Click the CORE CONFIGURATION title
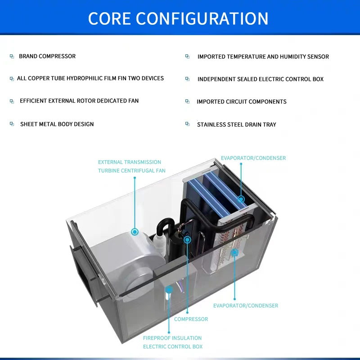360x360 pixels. click(178, 18)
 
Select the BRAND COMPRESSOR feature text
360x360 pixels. click(47, 56)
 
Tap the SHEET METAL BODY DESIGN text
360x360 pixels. click(57, 124)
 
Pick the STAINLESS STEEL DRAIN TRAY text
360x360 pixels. click(237, 125)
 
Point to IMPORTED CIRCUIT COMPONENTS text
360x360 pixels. click(242, 102)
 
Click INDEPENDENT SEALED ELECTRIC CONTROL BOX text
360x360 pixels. click(261, 79)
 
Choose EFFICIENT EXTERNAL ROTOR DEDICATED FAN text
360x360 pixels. click(79, 101)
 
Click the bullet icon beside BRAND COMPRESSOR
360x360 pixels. click(12, 56)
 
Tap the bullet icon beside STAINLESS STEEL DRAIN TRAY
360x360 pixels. click(187, 124)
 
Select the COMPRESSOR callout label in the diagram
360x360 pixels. click(191, 319)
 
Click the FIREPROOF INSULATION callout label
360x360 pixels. click(172, 338)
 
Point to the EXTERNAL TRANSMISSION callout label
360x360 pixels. click(130, 162)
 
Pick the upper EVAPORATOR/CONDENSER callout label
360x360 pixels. click(253, 158)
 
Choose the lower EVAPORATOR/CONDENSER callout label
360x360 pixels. click(246, 306)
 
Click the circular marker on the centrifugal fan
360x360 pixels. click(135, 232)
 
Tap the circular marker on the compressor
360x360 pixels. click(187, 240)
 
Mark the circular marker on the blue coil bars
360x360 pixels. click(241, 199)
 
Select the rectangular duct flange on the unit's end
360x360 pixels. click(83, 275)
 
